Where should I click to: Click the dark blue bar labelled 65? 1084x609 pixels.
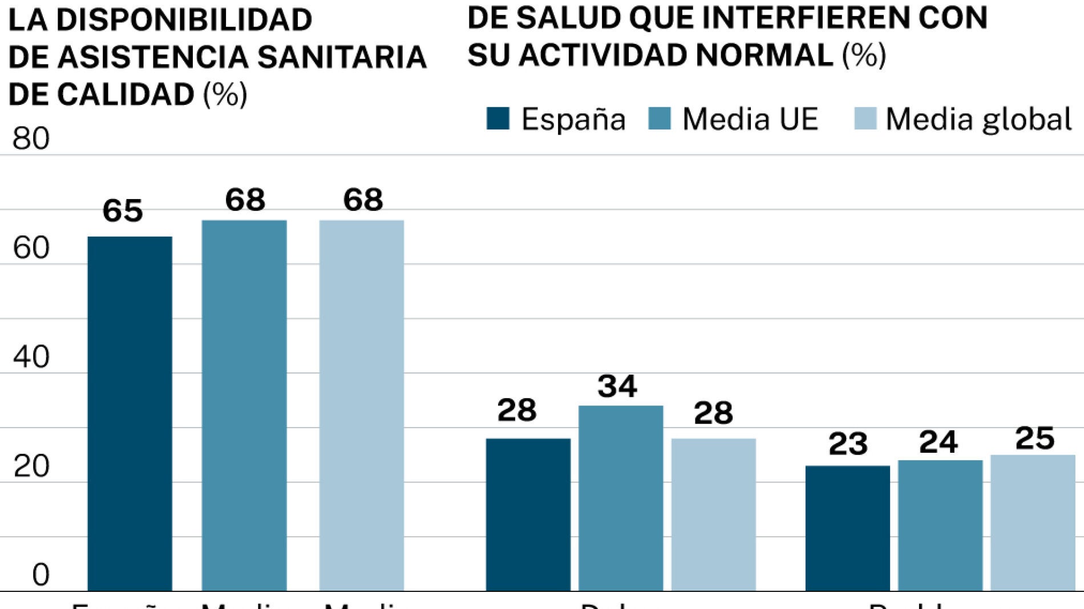(x=130, y=413)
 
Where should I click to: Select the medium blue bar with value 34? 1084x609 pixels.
(x=621, y=498)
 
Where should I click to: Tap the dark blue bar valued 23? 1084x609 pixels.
(x=847, y=528)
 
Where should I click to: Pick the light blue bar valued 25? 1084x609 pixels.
(x=1033, y=522)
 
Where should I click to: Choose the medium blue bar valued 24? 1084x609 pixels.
(x=940, y=525)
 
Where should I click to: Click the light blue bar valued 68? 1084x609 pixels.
(x=362, y=405)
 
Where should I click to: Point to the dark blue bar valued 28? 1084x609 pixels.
(x=528, y=514)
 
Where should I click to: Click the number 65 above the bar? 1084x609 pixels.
(x=123, y=210)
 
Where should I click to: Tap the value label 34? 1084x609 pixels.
(x=617, y=387)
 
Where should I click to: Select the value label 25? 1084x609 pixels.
(x=1034, y=439)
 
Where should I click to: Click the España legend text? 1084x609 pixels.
(x=573, y=120)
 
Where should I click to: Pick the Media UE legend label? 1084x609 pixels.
(x=750, y=120)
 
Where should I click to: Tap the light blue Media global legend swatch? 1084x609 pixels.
(x=865, y=119)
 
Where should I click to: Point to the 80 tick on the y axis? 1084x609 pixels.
(x=31, y=139)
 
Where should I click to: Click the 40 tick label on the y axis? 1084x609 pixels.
(x=31, y=357)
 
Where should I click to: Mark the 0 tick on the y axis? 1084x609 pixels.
(x=41, y=575)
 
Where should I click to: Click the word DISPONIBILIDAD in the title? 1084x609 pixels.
(x=184, y=20)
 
